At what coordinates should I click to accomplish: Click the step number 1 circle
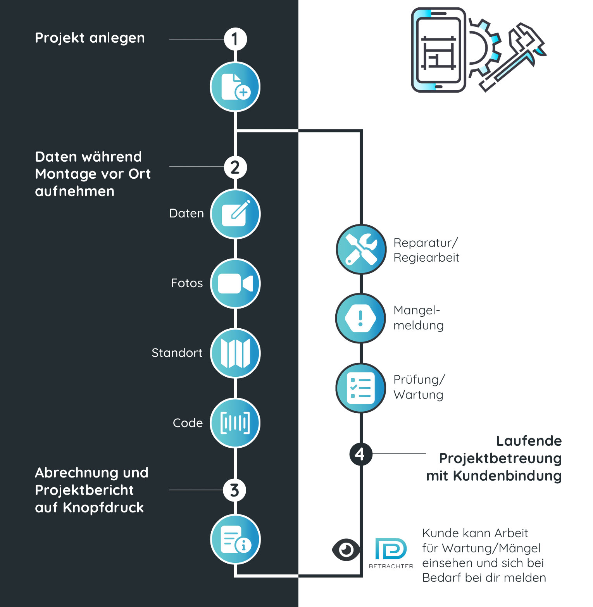[235, 39]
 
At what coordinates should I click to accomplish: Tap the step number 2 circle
[235, 167]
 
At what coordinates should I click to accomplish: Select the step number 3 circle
[234, 490]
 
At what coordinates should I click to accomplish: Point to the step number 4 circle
[360, 454]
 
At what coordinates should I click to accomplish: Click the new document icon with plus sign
[235, 87]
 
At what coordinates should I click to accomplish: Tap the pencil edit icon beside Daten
[235, 214]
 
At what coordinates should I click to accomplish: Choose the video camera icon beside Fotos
[235, 284]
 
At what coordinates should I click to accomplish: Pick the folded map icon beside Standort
[235, 353]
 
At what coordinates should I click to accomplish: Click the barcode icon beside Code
[235, 423]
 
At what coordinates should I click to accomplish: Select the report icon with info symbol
[235, 539]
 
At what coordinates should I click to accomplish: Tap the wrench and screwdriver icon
[361, 250]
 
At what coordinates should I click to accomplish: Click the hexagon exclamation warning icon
[360, 318]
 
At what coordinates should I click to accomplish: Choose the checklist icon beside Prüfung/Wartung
[360, 388]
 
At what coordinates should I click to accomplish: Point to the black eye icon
[346, 550]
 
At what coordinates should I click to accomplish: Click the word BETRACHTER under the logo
[391, 566]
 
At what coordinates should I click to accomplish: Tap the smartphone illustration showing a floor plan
[438, 50]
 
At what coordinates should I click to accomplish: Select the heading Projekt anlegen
[90, 38]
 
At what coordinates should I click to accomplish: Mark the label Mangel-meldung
[418, 317]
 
